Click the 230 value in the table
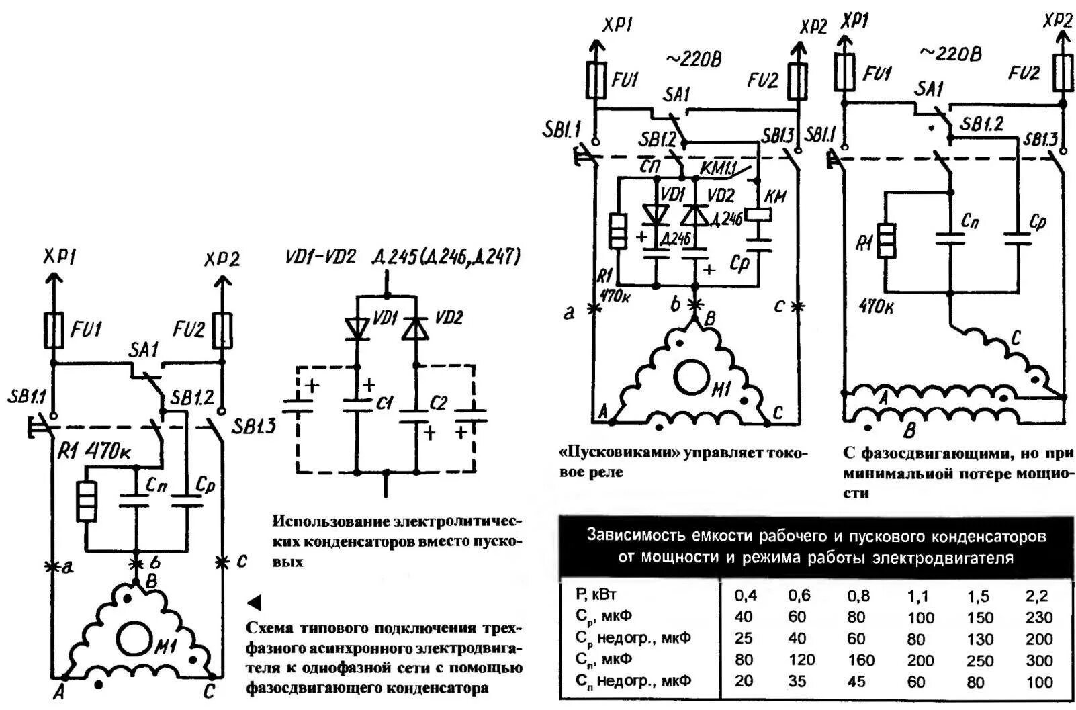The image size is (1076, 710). [x=1039, y=617]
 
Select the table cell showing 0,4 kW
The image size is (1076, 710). [x=746, y=596]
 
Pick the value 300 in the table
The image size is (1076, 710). [x=1039, y=660]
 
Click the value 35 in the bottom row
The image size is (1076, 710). [x=797, y=682]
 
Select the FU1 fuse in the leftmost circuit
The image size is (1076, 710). [x=53, y=330]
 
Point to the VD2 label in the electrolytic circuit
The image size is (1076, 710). [x=449, y=318]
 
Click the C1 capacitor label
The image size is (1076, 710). [x=384, y=403]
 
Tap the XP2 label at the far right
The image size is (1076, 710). [x=1057, y=21]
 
